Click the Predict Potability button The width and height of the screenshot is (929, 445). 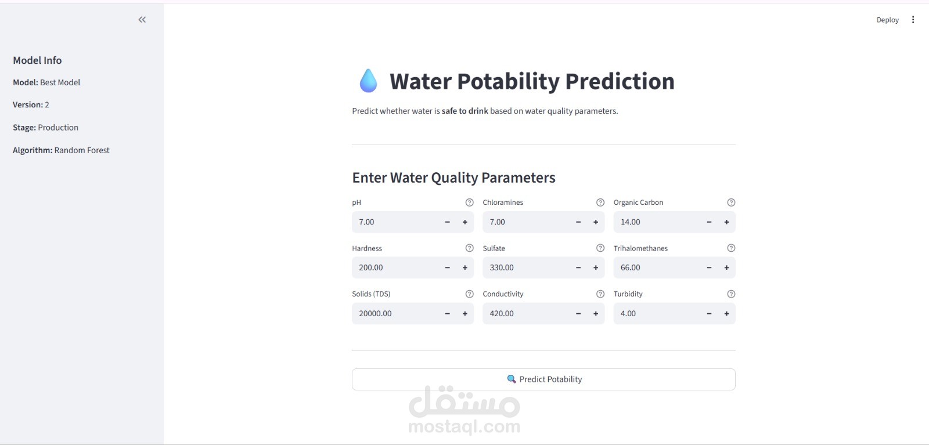pyautogui.click(x=543, y=379)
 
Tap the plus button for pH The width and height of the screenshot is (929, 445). pyautogui.click(x=465, y=222)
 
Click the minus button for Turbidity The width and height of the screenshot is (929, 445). pyautogui.click(x=709, y=314)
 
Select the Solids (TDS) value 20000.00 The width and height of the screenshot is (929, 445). pyautogui.click(x=376, y=314)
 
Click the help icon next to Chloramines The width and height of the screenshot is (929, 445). pyautogui.click(x=600, y=202)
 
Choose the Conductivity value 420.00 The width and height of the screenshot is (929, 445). pyautogui.click(x=502, y=314)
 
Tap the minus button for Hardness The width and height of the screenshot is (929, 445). pyautogui.click(x=448, y=268)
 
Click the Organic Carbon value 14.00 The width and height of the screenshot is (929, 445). pyautogui.click(x=631, y=222)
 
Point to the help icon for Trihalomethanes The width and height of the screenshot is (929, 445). pyautogui.click(x=731, y=248)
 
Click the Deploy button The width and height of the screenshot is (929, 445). pyautogui.click(x=887, y=20)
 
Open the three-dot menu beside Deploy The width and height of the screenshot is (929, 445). pyautogui.click(x=913, y=20)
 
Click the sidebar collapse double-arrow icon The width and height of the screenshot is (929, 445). pyautogui.click(x=142, y=20)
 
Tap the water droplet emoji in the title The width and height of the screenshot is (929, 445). pyautogui.click(x=368, y=81)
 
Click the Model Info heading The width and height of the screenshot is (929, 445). pyautogui.click(x=37, y=60)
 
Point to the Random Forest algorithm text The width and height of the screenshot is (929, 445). pyautogui.click(x=82, y=150)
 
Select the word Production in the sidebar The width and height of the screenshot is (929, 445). pyautogui.click(x=58, y=128)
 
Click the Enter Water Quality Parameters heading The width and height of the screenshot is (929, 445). pyautogui.click(x=453, y=178)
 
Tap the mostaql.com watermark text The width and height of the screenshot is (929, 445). pyautogui.click(x=464, y=427)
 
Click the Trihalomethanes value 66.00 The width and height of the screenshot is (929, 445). pyautogui.click(x=631, y=268)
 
